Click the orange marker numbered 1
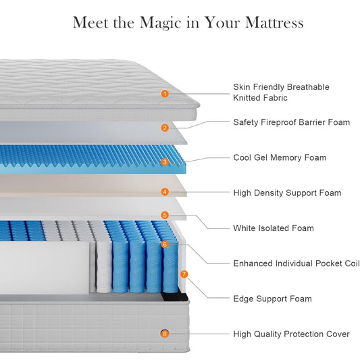click(x=165, y=93)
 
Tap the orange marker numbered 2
click(x=165, y=128)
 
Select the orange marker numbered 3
click(x=165, y=162)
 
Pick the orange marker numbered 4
click(x=165, y=192)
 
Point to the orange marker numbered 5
click(x=165, y=215)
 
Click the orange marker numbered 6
click(x=165, y=245)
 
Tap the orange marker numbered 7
click(x=184, y=274)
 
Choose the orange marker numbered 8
click(x=165, y=334)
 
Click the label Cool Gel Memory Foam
click(x=280, y=158)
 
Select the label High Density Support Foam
click(x=287, y=193)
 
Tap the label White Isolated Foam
click(x=274, y=228)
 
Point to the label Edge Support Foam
click(x=272, y=299)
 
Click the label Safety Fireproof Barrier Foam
click(x=292, y=122)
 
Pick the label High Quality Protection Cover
click(x=291, y=334)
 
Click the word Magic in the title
click(x=161, y=24)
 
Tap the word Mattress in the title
click(x=274, y=22)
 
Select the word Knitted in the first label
click(x=247, y=98)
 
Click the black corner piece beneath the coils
click(x=175, y=297)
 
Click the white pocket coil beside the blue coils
click(x=104, y=266)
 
